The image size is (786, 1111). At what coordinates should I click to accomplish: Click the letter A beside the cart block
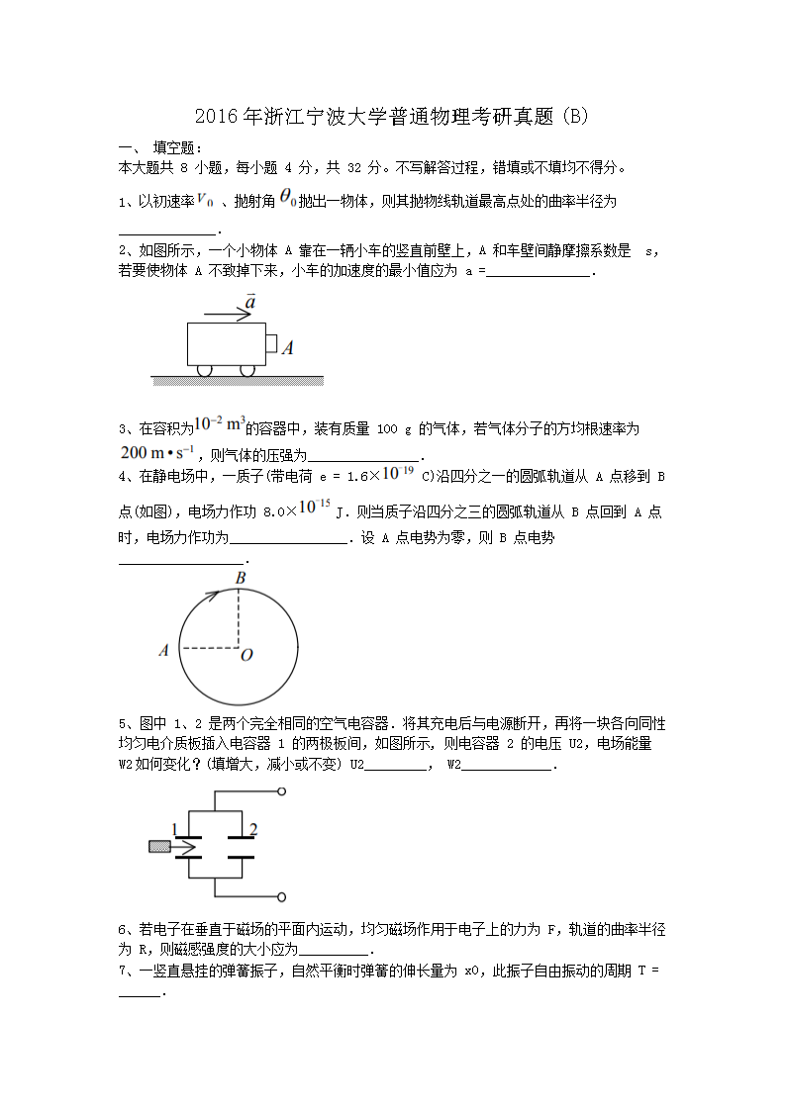point(287,348)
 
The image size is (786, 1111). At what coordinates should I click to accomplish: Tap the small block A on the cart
point(270,343)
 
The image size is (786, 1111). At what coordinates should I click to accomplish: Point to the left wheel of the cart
point(205,370)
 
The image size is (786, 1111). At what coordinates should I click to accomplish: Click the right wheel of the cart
point(247,370)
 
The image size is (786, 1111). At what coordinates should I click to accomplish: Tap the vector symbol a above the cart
point(251,301)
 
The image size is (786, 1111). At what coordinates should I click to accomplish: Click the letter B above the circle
point(241,578)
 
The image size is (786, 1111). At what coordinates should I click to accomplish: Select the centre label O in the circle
point(246,655)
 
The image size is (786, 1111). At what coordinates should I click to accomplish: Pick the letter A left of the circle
point(163,650)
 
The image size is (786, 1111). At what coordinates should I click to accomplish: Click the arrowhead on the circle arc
point(212,596)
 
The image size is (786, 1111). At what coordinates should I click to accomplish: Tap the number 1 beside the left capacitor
point(174,829)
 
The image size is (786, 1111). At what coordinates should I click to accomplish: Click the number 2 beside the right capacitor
point(253,829)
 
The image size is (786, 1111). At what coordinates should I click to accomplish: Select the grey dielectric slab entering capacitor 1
point(158,847)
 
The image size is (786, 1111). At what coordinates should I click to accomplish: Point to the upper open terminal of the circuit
point(282,792)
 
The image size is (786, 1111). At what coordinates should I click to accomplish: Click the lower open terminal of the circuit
point(282,897)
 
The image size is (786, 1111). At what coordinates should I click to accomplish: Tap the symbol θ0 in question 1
point(288,199)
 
